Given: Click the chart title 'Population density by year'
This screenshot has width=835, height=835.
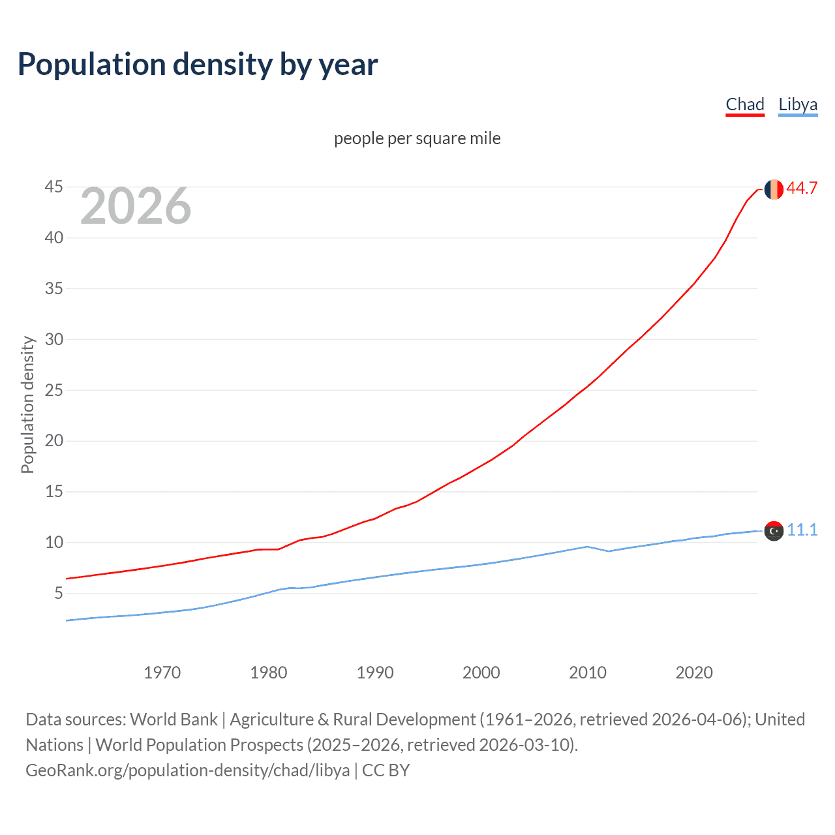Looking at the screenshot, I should click(198, 65).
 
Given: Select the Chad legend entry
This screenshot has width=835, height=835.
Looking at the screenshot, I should click(745, 104).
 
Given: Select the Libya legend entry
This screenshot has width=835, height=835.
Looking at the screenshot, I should click(798, 104).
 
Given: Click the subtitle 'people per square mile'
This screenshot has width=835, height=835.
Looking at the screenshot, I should click(417, 138).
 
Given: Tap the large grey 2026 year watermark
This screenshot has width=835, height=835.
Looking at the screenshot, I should click(136, 206).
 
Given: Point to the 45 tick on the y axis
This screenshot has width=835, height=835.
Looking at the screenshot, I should click(54, 187).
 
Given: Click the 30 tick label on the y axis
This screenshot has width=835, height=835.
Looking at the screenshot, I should click(54, 339).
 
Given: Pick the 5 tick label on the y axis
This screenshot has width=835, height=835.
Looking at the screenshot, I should click(59, 593).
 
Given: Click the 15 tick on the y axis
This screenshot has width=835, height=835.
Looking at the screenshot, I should click(54, 491).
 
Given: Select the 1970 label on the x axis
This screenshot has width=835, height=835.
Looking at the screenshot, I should click(162, 673).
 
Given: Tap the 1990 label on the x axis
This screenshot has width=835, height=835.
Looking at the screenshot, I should click(375, 673).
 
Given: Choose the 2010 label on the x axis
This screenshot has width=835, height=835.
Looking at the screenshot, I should click(588, 673).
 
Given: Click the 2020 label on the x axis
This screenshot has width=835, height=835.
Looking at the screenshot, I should click(694, 673).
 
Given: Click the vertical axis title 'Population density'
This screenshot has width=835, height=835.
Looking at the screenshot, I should click(27, 404).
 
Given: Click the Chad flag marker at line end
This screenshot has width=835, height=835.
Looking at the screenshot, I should click(774, 189).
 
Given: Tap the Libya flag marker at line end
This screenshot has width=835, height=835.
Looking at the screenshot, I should click(774, 531).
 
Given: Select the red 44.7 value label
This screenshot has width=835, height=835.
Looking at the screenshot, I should click(802, 189).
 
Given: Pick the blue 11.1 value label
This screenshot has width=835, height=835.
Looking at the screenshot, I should click(802, 530).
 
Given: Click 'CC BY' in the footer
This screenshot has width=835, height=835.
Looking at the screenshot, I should click(386, 770).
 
